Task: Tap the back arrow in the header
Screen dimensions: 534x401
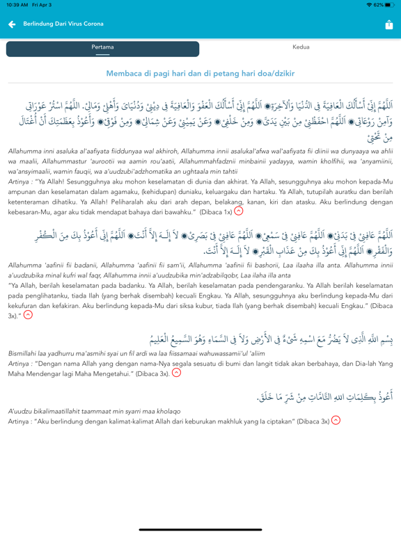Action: (12, 24)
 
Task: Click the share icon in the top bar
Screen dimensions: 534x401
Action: (388, 24)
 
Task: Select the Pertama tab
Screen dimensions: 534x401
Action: (102, 48)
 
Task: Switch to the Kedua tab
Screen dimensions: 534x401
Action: (301, 48)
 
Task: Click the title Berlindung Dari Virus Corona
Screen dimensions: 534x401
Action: (63, 24)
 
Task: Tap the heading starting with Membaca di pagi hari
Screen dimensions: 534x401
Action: (200, 73)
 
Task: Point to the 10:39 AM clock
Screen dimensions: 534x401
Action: (16, 5)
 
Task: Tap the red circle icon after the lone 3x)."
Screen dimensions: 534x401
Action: (29, 315)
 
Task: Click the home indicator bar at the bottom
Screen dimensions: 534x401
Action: (200, 527)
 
